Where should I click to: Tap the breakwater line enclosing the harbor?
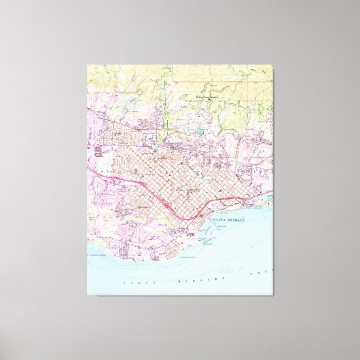[204, 238]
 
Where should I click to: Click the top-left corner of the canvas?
[88, 65]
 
